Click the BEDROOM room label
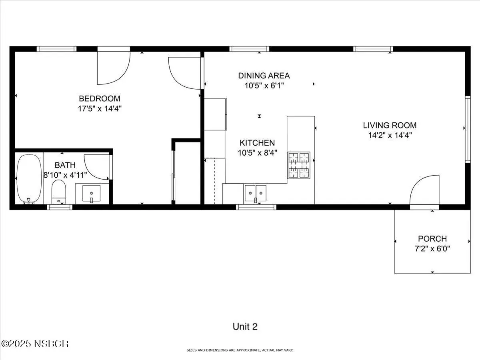click(x=100, y=98)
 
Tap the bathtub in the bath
click(x=29, y=179)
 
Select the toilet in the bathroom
click(x=59, y=192)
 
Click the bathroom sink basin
click(x=92, y=194)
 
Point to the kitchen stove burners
click(x=298, y=165)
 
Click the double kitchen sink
click(x=256, y=193)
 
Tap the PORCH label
click(x=432, y=239)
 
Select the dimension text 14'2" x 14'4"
click(x=390, y=135)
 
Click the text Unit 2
click(x=245, y=326)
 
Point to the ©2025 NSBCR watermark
click(x=35, y=344)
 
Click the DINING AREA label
click(x=264, y=76)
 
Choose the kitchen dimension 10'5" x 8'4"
click(x=257, y=153)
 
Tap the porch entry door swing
click(x=424, y=190)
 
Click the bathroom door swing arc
click(x=97, y=167)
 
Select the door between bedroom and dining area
click(x=185, y=73)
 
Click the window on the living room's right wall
click(x=468, y=129)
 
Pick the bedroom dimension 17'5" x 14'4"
click(x=100, y=109)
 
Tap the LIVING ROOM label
click(x=390, y=126)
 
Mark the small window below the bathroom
click(x=60, y=207)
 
